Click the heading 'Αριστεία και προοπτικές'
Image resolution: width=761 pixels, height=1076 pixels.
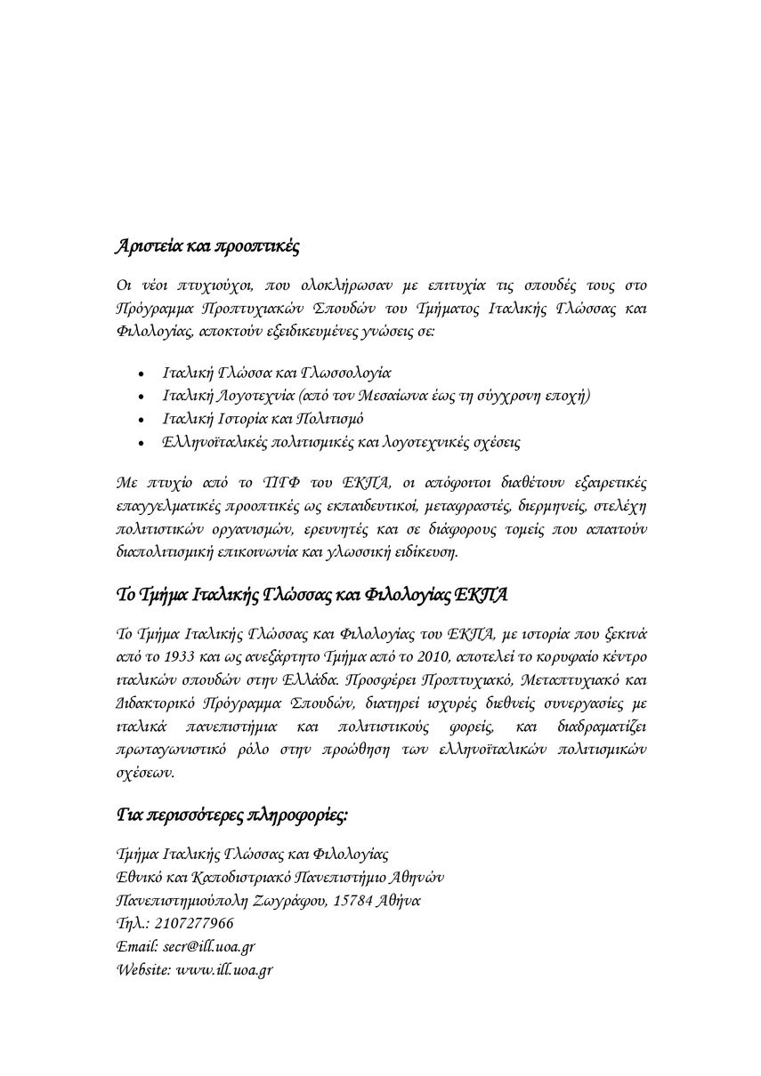(x=206, y=246)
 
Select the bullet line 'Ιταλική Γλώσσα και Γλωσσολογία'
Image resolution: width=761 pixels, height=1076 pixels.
(x=277, y=373)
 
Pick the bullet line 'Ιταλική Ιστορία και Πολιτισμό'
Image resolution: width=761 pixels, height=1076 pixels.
(x=263, y=419)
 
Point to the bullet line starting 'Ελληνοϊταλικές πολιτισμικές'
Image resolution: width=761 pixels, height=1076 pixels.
(x=342, y=442)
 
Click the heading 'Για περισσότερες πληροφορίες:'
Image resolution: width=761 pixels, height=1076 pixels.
(x=232, y=815)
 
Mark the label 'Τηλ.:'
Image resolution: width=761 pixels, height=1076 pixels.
(x=133, y=923)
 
